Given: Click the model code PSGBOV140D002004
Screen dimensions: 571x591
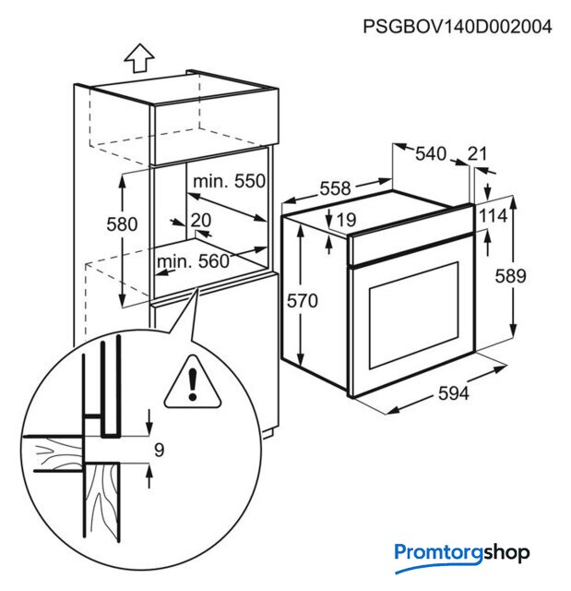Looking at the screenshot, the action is pyautogui.click(x=457, y=27).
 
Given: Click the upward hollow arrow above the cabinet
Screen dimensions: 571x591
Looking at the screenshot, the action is pyautogui.click(x=139, y=58).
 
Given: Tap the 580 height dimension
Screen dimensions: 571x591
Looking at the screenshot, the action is pyautogui.click(x=122, y=224).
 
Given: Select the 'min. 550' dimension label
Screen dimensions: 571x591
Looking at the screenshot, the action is pyautogui.click(x=229, y=181).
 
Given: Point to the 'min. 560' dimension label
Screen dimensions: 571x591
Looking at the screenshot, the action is pyautogui.click(x=193, y=261).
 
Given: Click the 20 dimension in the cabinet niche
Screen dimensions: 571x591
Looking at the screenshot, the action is pyautogui.click(x=201, y=220).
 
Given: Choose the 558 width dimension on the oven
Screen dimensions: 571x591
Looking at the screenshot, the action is pyautogui.click(x=335, y=188).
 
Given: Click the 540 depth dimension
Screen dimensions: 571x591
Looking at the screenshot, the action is pyautogui.click(x=431, y=154).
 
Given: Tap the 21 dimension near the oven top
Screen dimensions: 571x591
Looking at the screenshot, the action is pyautogui.click(x=477, y=153).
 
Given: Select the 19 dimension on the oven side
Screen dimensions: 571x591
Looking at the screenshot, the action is pyautogui.click(x=346, y=220).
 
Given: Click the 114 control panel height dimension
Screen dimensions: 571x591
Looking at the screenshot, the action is pyautogui.click(x=494, y=216).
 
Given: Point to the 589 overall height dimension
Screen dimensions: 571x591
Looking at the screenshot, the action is pyautogui.click(x=510, y=276).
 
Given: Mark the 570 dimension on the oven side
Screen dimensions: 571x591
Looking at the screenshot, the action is pyautogui.click(x=303, y=301).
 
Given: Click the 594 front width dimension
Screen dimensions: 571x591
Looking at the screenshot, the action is pyautogui.click(x=454, y=394).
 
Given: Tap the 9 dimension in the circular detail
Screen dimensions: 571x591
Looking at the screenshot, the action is pyautogui.click(x=160, y=450).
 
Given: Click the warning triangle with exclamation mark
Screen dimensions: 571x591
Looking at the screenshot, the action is pyautogui.click(x=193, y=382).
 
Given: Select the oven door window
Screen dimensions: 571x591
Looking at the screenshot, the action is pyautogui.click(x=414, y=315).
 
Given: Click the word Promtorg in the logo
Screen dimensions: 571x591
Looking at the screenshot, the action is pyautogui.click(x=438, y=554).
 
